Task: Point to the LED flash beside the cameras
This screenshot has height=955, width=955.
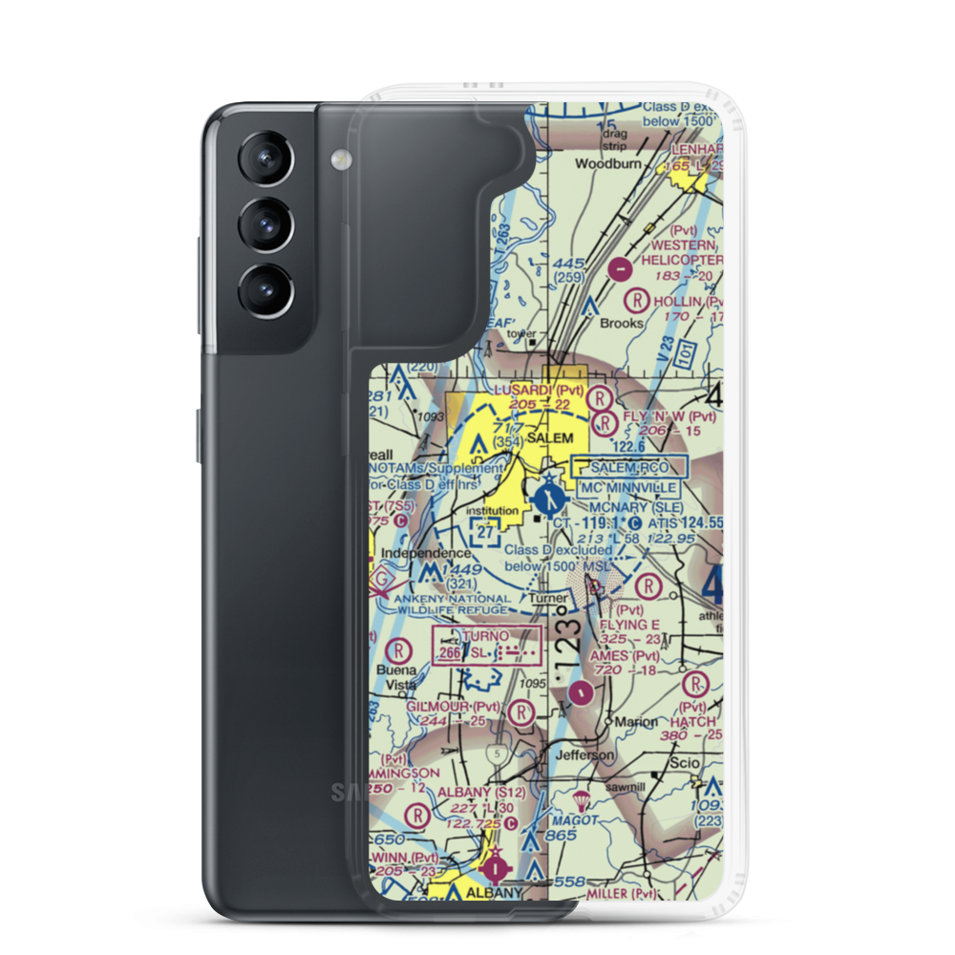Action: click(x=336, y=158)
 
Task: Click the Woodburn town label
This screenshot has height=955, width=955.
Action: click(x=605, y=163)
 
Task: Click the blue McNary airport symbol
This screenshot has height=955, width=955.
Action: click(x=548, y=498)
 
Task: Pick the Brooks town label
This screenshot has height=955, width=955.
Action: click(x=622, y=323)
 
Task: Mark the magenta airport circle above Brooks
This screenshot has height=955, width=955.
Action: click(x=622, y=271)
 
